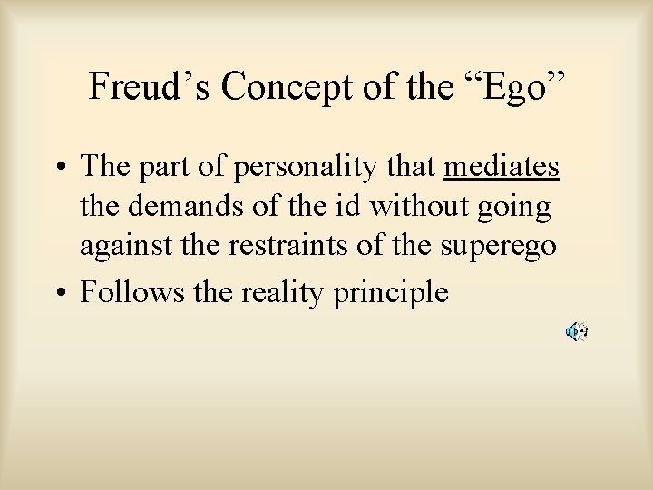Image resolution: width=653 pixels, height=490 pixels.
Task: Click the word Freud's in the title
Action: click(x=151, y=86)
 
